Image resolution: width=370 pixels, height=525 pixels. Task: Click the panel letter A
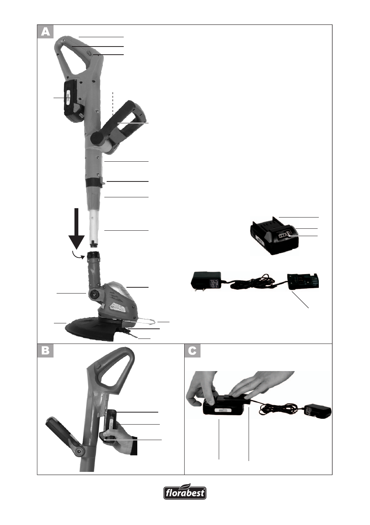click(45, 32)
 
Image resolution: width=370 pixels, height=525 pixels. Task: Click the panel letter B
click(45, 351)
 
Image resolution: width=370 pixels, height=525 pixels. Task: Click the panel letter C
click(192, 351)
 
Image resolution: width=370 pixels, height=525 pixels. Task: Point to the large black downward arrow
click(76, 228)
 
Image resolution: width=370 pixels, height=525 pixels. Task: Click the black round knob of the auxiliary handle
click(97, 138)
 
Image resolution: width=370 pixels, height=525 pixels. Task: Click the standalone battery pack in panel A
click(274, 237)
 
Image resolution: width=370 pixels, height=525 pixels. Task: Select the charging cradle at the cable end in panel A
click(303, 282)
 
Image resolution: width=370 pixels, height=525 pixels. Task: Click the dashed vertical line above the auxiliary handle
click(113, 104)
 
